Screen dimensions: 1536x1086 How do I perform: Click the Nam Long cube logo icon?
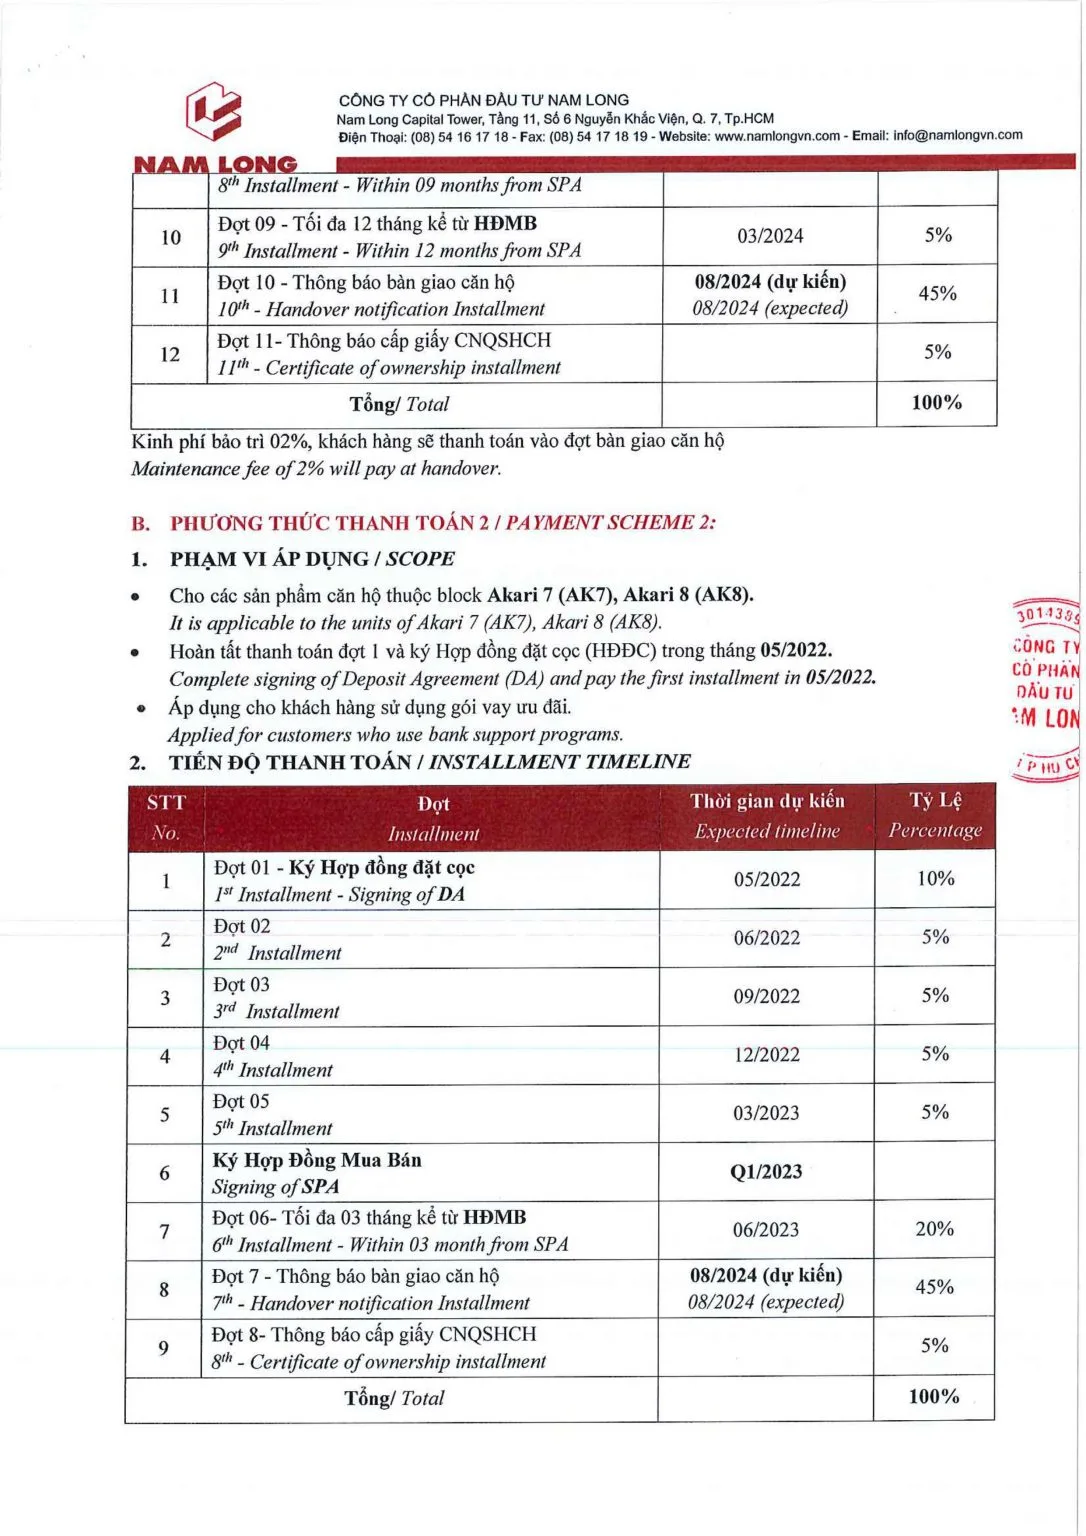coord(213,111)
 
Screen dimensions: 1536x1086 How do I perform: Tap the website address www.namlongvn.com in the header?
coord(777,136)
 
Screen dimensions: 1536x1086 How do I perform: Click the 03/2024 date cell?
coord(770,237)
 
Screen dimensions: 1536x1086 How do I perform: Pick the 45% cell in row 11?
coord(937,294)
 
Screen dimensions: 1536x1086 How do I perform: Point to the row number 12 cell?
coord(170,354)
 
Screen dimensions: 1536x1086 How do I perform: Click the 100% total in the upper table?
coord(936,403)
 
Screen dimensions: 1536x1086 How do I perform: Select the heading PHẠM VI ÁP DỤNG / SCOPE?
coord(312,559)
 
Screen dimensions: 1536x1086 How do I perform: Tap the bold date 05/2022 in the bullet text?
coord(795,651)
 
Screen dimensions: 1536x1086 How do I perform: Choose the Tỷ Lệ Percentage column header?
coord(935,815)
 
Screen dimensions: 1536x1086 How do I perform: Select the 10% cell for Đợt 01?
coord(935,879)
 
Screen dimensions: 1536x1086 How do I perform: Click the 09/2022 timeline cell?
coord(767,997)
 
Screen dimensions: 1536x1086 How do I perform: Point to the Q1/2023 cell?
coord(766,1172)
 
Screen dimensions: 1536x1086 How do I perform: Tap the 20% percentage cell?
coord(934,1229)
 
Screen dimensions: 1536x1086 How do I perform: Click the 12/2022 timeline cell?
coord(767,1055)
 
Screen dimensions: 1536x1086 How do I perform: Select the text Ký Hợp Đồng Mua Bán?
coord(317,1160)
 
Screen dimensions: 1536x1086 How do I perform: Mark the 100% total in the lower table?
coord(933,1397)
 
